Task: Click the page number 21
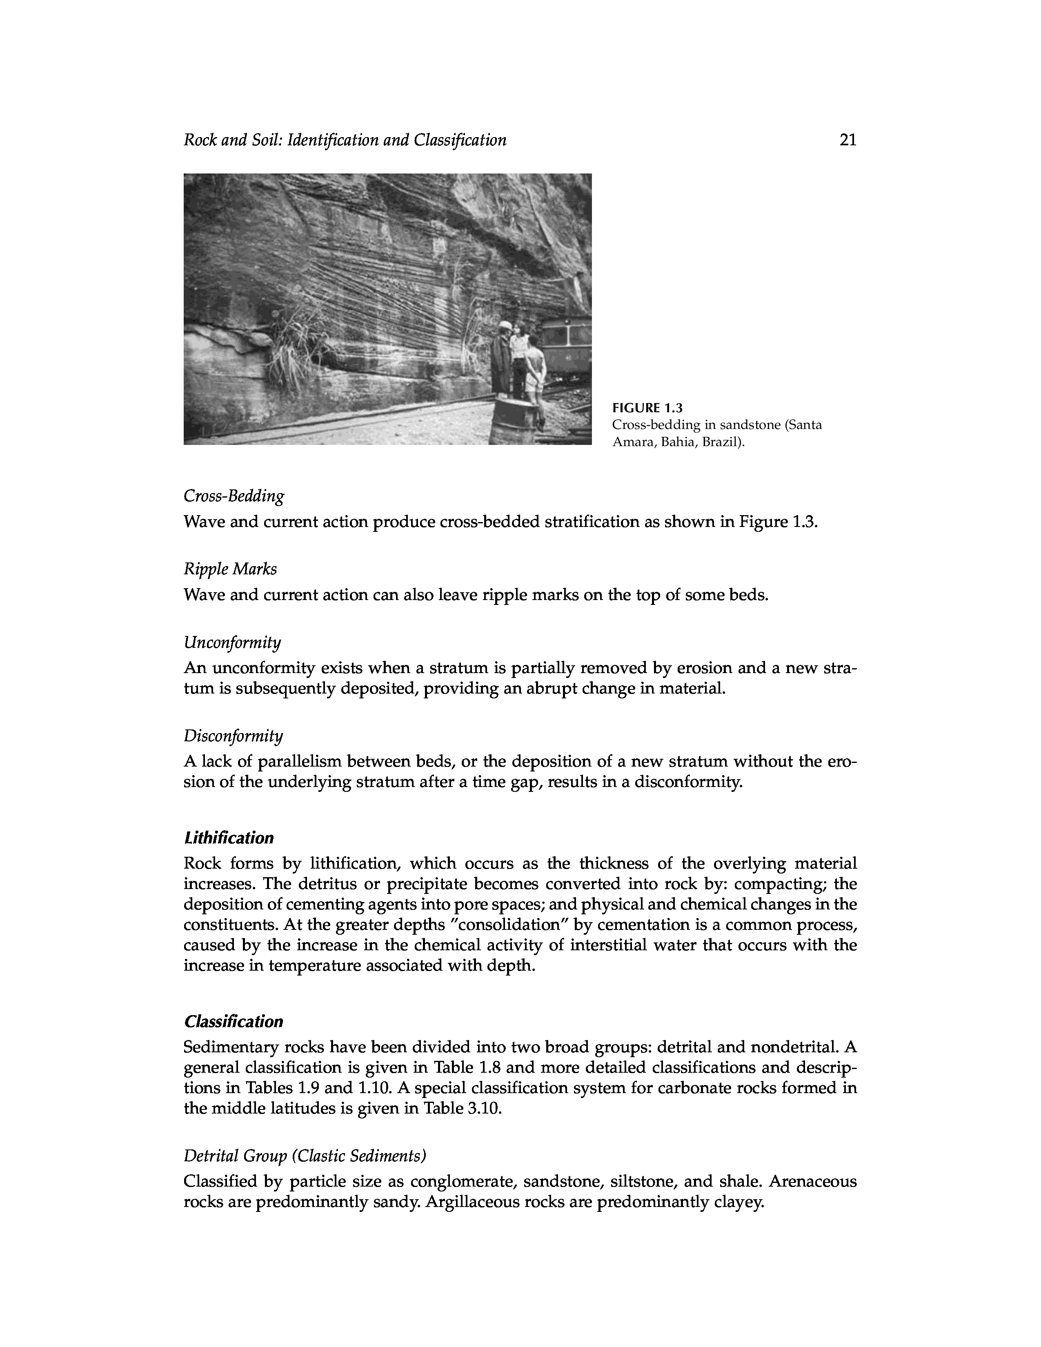(847, 140)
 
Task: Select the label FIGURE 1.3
(647, 408)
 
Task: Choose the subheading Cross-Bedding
(234, 496)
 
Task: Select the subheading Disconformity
(233, 736)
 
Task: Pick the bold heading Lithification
(228, 838)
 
